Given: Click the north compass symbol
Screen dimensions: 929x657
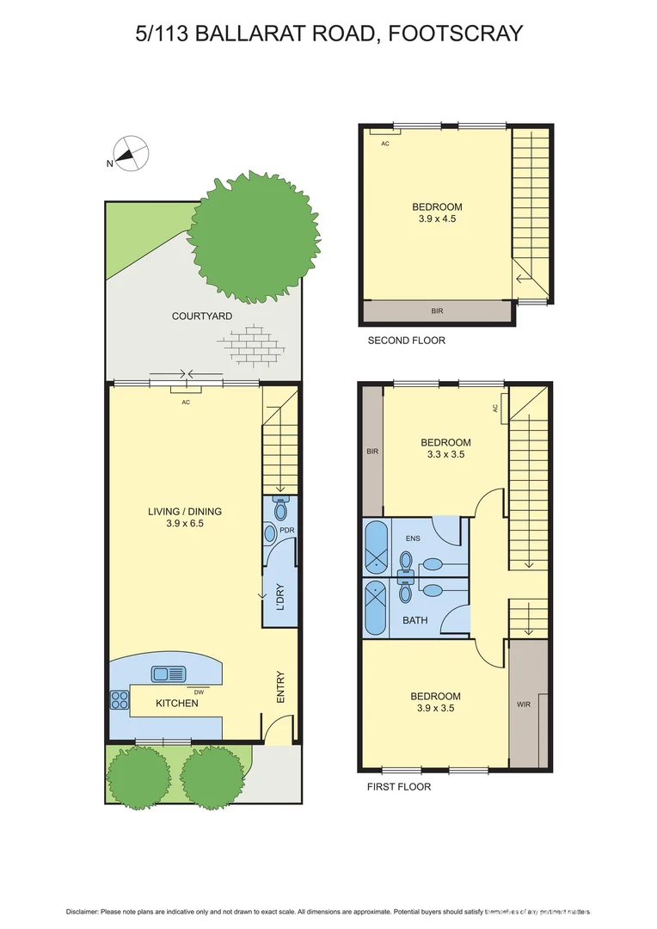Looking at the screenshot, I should tap(129, 156).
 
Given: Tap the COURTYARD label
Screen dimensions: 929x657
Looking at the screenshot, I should tap(202, 317).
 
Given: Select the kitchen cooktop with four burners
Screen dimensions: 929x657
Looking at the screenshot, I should tap(119, 701).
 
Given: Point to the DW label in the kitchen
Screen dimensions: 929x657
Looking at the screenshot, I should tap(200, 691).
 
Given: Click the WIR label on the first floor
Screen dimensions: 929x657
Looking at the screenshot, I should tap(524, 704).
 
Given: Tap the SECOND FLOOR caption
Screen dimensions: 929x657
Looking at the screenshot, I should tap(406, 341).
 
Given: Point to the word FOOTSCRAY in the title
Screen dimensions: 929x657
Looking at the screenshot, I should tap(455, 34).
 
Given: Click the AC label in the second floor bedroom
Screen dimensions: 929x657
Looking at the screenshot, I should tap(385, 144).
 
